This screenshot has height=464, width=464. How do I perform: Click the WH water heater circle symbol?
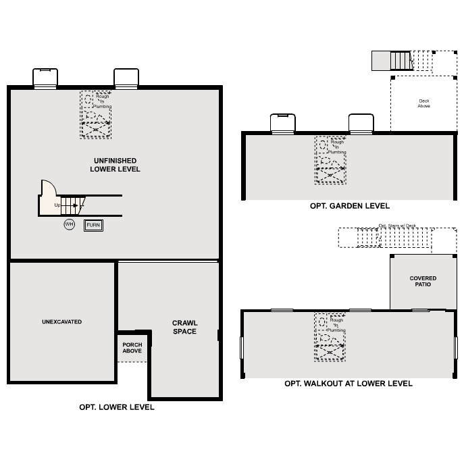pos(69,224)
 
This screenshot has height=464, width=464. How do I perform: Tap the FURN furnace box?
pos(93,225)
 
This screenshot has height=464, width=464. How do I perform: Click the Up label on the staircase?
pos(57,205)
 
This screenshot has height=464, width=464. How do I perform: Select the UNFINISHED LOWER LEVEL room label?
pos(115,165)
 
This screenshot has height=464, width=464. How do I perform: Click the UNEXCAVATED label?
pos(61,322)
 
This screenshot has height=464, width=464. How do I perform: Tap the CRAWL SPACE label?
pos(184,328)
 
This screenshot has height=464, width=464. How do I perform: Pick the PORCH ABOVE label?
pos(132,348)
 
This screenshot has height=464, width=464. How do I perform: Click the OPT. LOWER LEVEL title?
pos(117,407)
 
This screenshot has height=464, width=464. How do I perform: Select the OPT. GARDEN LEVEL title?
pos(349,206)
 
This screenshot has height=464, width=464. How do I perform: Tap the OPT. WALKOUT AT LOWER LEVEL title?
pos(348,384)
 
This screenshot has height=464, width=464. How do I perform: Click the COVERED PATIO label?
pos(423,281)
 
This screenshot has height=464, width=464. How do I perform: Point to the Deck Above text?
pos(423,103)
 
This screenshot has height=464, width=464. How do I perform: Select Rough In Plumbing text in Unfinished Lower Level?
pos(102,101)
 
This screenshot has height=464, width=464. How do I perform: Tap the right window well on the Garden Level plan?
pos(361,123)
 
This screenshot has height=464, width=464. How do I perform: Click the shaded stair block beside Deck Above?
pos(392,61)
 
